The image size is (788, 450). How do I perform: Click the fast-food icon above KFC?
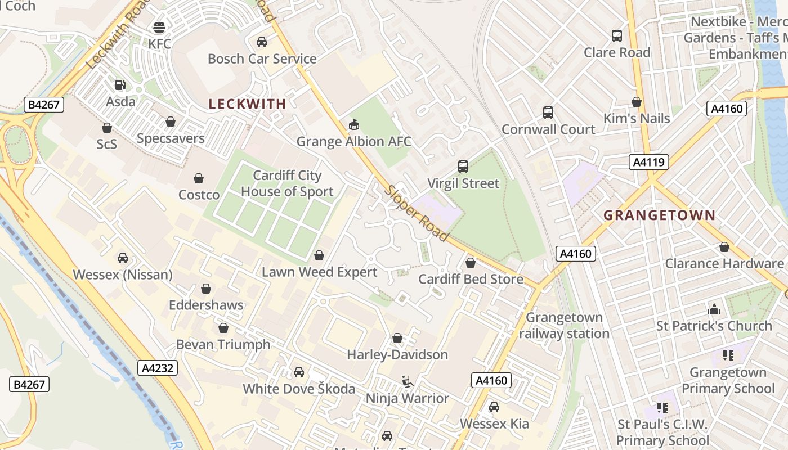[159, 27]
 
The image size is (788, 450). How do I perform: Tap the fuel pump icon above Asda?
[120, 85]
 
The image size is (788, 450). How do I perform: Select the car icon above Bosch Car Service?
[262, 42]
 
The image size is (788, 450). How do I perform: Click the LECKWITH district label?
[248, 103]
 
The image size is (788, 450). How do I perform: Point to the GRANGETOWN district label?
[659, 215]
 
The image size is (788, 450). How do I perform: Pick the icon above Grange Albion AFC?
[354, 125]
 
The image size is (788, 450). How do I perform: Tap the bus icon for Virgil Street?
[463, 166]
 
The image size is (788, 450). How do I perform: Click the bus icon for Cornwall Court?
[548, 112]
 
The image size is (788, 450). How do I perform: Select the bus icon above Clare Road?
[617, 36]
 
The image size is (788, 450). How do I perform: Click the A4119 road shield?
[648, 163]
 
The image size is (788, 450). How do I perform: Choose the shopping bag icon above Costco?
[199, 178]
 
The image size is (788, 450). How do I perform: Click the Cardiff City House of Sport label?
[287, 183]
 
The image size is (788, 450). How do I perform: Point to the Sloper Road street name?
[417, 213]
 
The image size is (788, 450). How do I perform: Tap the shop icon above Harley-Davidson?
[397, 338]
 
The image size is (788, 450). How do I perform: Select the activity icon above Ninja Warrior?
[407, 382]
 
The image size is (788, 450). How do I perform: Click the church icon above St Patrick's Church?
[714, 309]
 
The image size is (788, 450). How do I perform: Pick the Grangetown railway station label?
[564, 326]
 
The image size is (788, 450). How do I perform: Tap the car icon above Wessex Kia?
[494, 407]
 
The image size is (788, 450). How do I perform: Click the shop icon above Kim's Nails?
[637, 102]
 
